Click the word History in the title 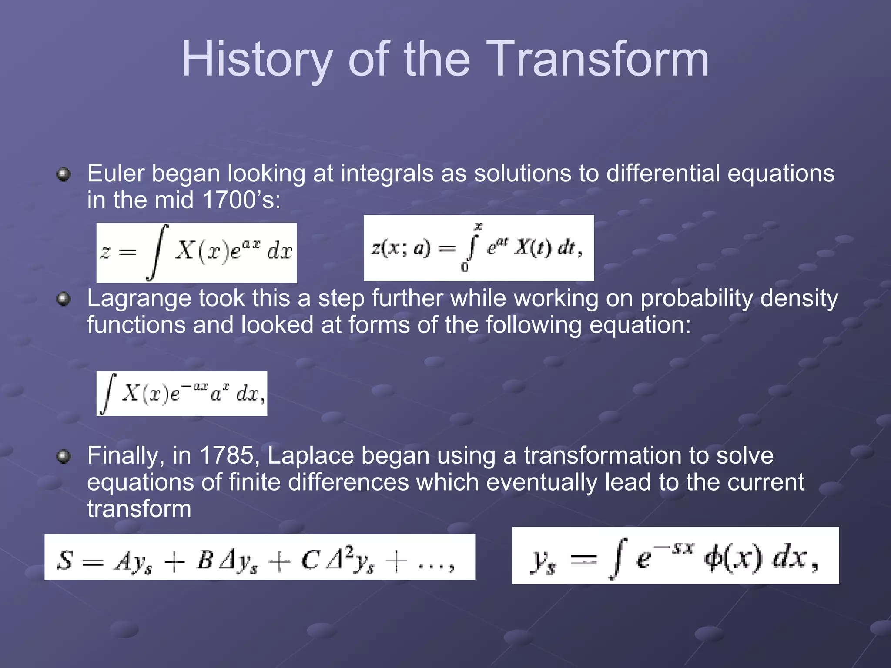point(257,60)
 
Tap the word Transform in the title point(600,59)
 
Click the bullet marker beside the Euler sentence point(64,175)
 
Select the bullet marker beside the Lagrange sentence point(64,299)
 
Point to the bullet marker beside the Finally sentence point(64,457)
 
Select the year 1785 point(226,456)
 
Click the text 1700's point(241,200)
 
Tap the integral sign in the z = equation point(157,252)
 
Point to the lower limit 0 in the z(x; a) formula point(465,267)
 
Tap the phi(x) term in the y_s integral point(733,558)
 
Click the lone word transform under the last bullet point(139,509)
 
